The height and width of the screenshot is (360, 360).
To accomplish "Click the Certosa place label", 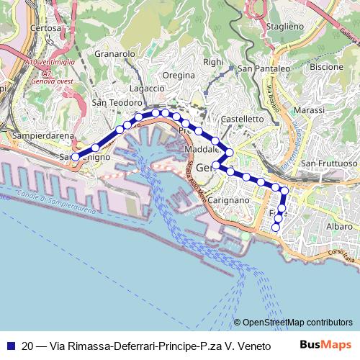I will coord(45,28).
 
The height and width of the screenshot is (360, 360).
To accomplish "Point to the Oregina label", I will coord(179,75).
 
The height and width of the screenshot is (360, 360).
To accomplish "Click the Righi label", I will coord(213,62).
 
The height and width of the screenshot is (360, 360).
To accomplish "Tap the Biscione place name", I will coord(326,66).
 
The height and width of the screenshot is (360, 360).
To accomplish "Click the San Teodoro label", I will coord(118,103).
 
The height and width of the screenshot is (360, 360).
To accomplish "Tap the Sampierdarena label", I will coord(41,135).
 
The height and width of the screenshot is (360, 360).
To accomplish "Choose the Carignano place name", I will coord(230,200).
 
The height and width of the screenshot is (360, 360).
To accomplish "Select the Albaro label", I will coord(339,226).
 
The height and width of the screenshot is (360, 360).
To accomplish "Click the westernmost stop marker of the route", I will coord(76,156).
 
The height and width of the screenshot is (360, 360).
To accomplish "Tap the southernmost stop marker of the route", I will coord(276,228).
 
